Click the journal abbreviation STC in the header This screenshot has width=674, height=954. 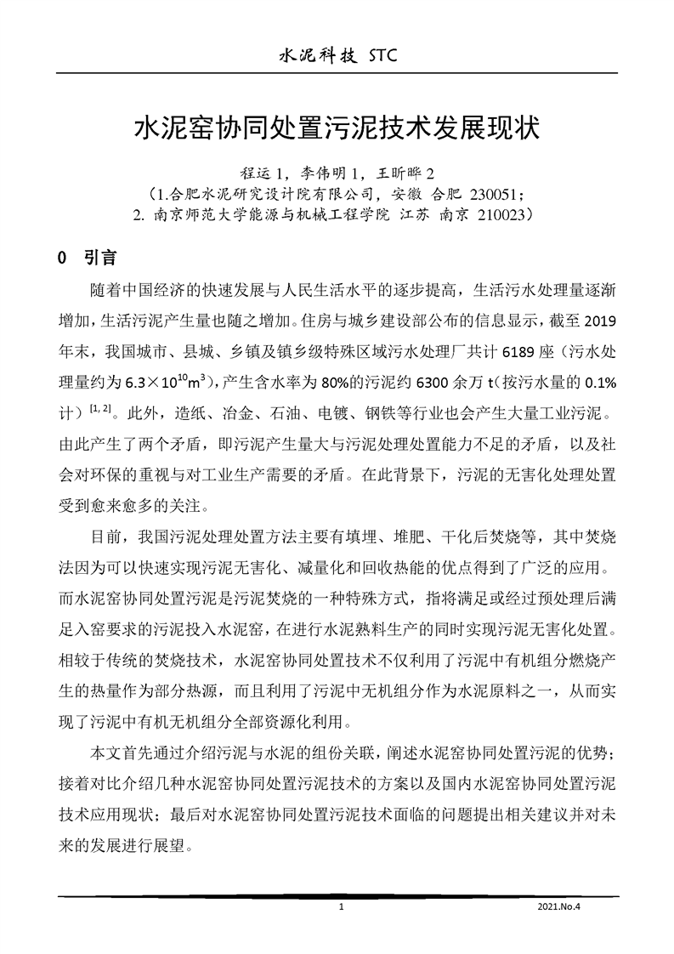coord(375,56)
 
